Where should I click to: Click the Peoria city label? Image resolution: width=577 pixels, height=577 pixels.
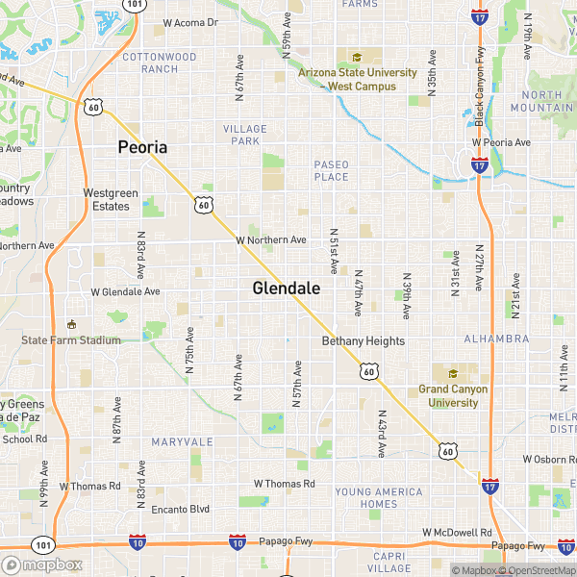pos(142,147)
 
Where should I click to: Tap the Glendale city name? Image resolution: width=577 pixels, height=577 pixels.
pos(286,288)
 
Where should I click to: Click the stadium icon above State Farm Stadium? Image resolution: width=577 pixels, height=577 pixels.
pos(70,323)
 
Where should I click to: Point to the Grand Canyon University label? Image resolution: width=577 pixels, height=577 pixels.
pos(453,395)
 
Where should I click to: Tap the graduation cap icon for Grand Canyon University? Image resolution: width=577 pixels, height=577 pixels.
pos(452,373)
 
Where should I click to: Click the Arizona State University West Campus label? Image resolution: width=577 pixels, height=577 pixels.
pos(358,79)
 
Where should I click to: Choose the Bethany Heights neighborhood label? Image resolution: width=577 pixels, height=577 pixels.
pos(364,341)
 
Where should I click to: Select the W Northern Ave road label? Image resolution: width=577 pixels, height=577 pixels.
pos(271,239)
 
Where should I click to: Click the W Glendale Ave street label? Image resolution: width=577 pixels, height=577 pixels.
pos(125,291)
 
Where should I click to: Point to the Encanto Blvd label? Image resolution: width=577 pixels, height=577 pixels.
pos(173,509)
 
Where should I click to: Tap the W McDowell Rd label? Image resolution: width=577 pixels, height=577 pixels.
pos(457,532)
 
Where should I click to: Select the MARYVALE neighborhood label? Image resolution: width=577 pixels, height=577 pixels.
pos(182,441)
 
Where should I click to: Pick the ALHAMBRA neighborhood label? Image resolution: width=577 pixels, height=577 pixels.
pos(496,339)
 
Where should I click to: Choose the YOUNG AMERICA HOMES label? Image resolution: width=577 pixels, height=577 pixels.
pos(378,497)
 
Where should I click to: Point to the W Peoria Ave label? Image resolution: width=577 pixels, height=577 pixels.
pos(501,142)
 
